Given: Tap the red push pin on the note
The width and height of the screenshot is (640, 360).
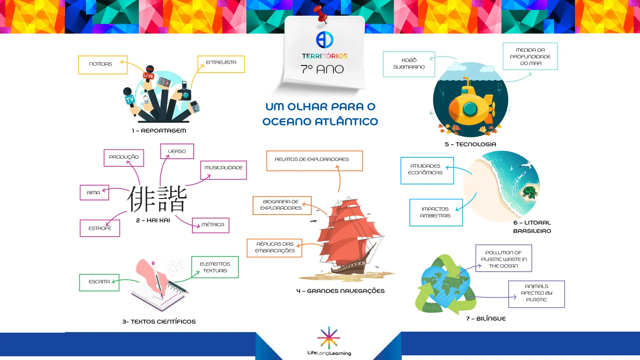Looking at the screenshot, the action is pyautogui.click(x=321, y=14).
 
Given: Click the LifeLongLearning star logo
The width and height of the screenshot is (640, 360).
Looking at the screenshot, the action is pyautogui.click(x=329, y=338).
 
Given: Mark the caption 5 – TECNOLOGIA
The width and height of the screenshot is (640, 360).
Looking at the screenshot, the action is pyautogui.click(x=470, y=144).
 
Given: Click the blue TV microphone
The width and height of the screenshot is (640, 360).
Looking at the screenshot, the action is pyautogui.click(x=130, y=100).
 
